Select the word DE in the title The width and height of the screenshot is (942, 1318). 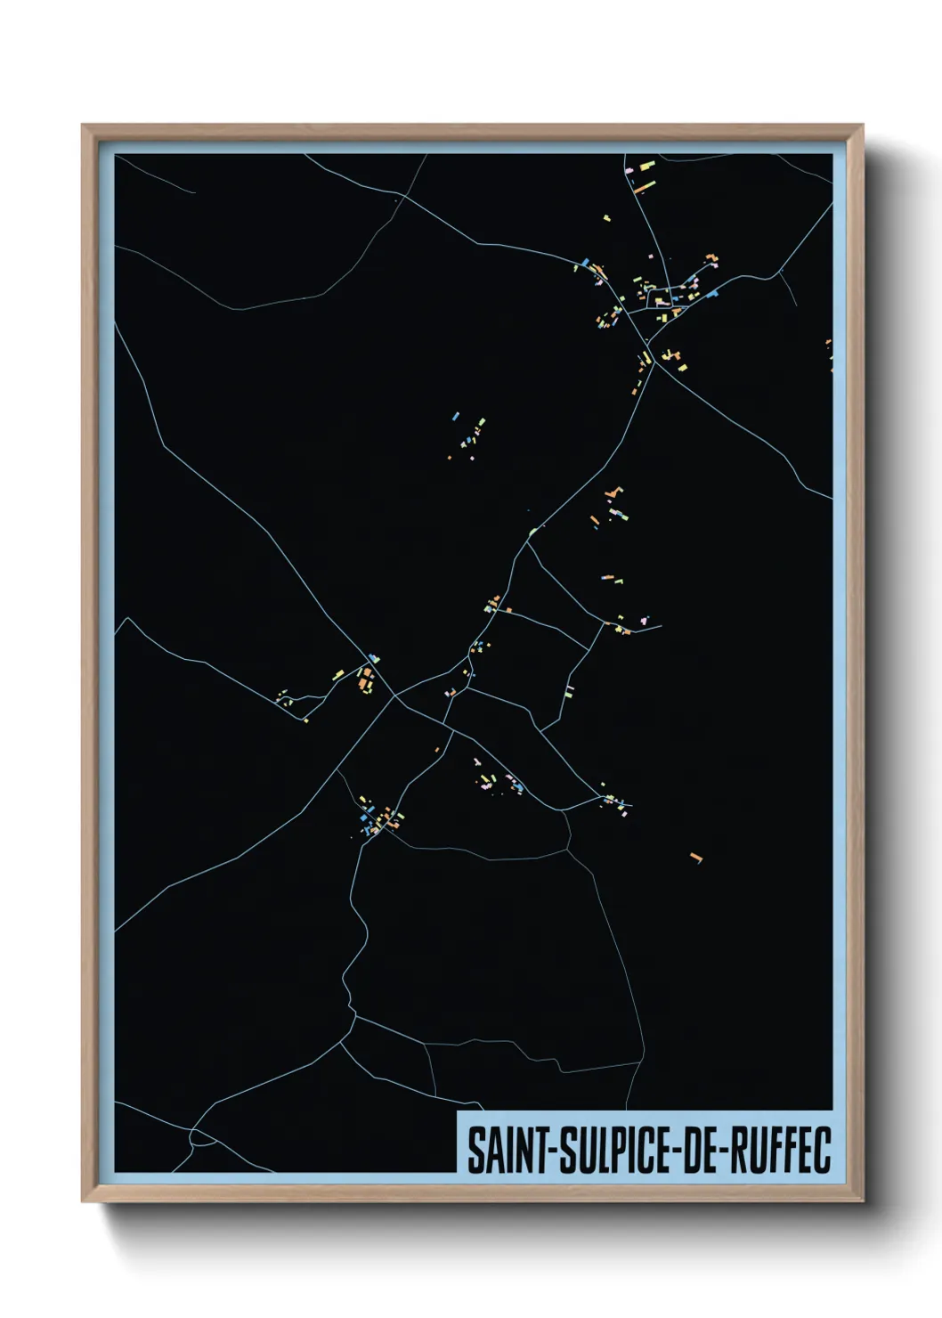(x=702, y=1151)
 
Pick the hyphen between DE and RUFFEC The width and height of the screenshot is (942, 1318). (x=730, y=1152)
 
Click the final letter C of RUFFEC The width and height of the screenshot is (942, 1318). (x=822, y=1151)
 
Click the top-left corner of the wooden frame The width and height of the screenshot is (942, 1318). (x=83, y=126)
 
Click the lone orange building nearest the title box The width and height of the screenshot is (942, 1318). (x=695, y=858)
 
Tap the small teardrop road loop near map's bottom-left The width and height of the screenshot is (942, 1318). (x=200, y=1137)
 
